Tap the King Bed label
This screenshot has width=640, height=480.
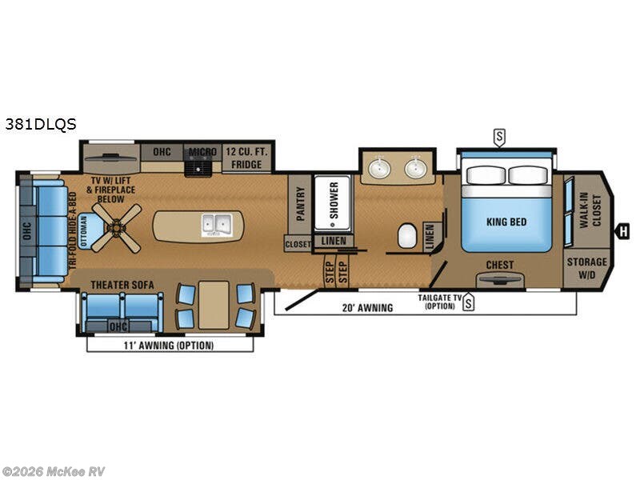click(506, 222)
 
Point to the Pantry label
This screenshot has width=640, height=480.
click(300, 204)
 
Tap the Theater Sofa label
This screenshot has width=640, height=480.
click(121, 284)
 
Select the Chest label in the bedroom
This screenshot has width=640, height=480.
click(500, 265)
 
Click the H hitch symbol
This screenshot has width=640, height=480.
click(622, 232)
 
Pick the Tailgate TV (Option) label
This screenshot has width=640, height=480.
click(440, 302)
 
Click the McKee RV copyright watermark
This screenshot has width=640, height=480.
click(54, 471)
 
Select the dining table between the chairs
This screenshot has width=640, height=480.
click(214, 305)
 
